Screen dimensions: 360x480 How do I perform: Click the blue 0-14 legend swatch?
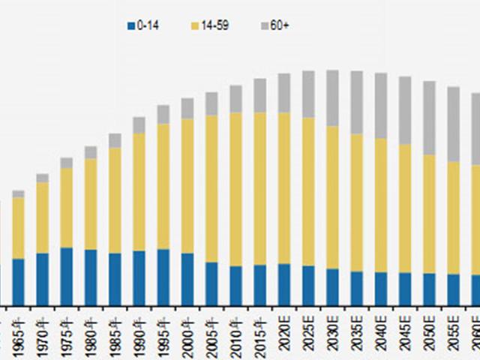point(130,26)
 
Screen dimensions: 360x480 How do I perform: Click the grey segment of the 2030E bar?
point(332,97)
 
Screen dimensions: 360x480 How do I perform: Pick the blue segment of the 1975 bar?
point(67,275)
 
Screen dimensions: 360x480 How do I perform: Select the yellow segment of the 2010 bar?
point(235,189)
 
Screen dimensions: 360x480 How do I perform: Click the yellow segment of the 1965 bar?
point(18,228)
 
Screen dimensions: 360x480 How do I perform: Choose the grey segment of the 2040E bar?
point(380,106)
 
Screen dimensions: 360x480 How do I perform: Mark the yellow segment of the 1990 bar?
point(139,192)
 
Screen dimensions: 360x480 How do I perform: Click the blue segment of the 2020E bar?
point(284,283)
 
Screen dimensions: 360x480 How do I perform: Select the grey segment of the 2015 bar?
point(259,95)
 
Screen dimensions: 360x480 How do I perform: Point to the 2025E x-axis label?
point(308,329)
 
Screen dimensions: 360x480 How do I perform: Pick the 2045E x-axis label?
point(405,329)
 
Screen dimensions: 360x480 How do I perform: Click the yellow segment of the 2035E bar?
point(356,202)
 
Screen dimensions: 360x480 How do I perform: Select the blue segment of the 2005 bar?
point(211,283)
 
